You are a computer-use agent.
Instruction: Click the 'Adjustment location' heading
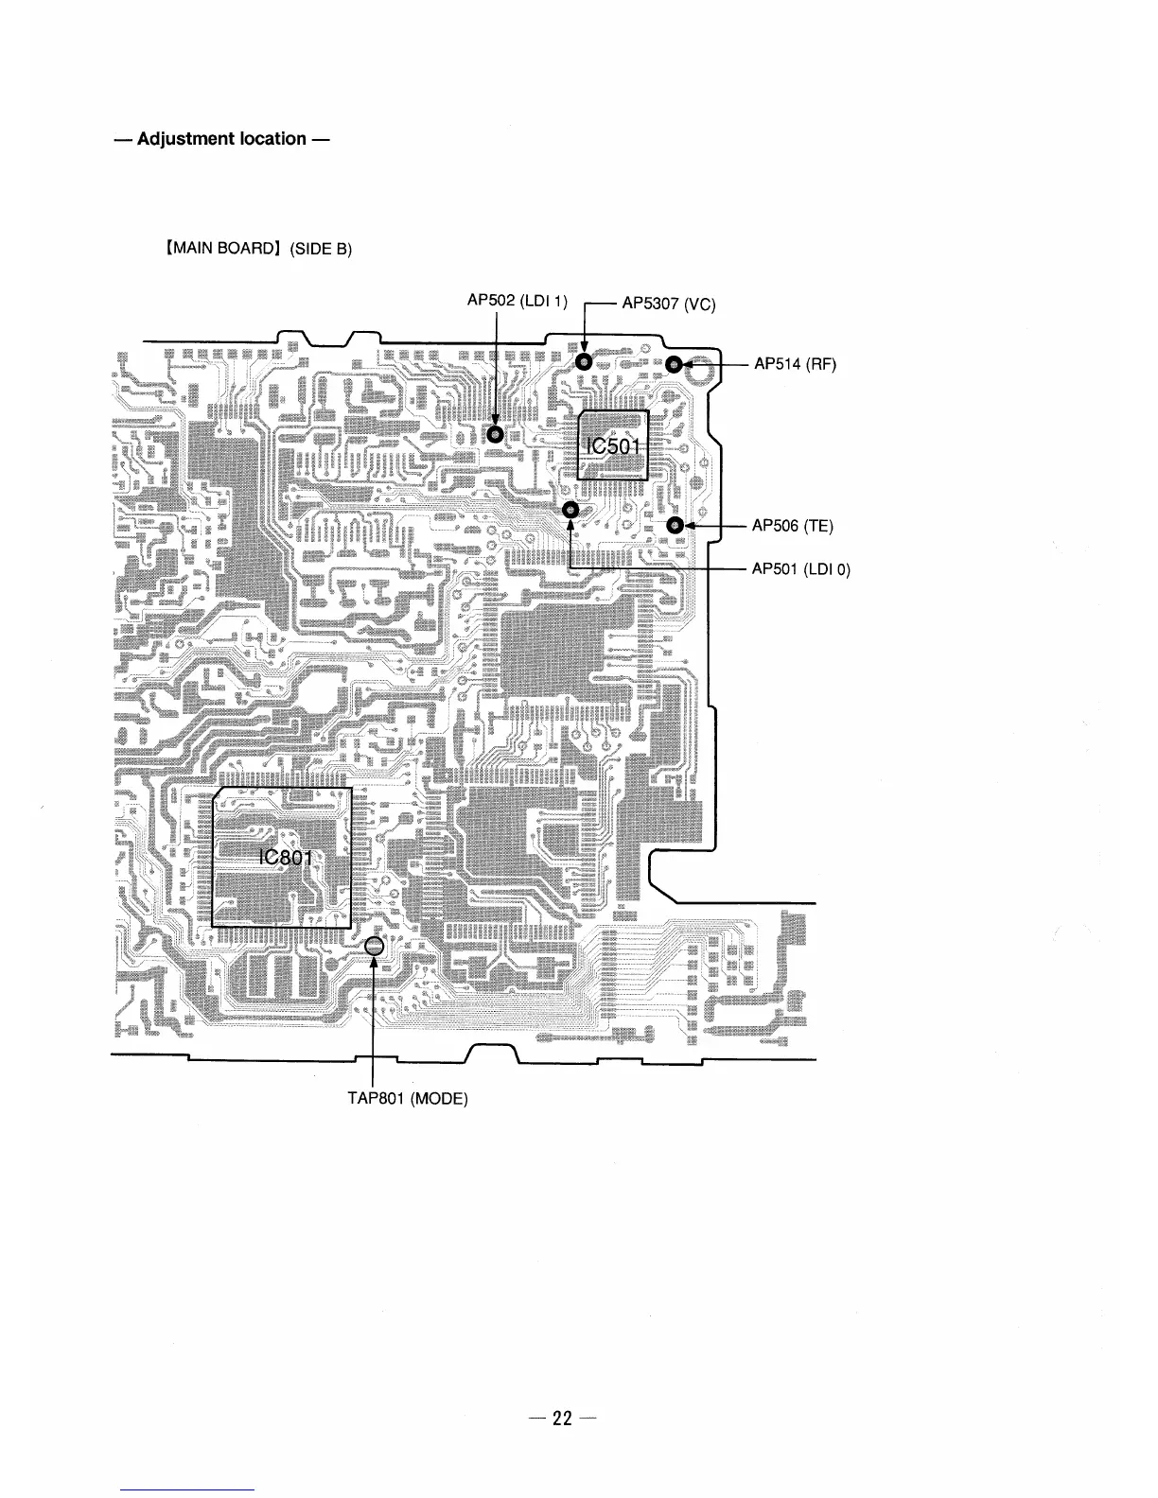click(222, 139)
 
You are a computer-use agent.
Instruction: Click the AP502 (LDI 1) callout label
click(517, 301)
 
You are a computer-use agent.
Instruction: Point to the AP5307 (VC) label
click(668, 304)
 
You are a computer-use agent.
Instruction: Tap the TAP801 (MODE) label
click(408, 1098)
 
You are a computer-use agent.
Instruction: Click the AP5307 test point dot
click(584, 362)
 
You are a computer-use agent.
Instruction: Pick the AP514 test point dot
click(674, 364)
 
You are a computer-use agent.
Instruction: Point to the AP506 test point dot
click(675, 525)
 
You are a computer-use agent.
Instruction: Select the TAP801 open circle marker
click(374, 945)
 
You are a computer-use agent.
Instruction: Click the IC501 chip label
click(612, 446)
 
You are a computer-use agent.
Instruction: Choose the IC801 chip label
click(283, 857)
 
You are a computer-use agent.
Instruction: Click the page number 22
click(563, 1391)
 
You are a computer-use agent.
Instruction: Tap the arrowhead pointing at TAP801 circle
click(374, 963)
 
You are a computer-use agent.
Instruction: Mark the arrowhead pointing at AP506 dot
click(690, 525)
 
